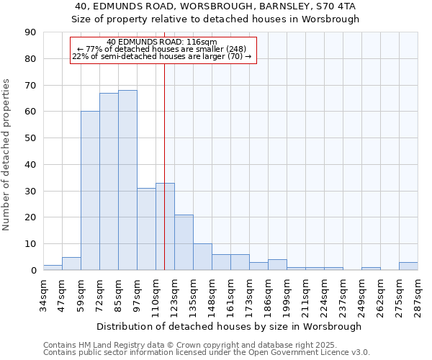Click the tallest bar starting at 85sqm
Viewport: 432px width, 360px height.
127,180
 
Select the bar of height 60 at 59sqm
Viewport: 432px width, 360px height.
90,191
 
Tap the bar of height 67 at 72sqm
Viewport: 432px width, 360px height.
109,181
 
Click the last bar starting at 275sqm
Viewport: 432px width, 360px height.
408,266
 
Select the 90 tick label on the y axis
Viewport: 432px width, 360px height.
31,32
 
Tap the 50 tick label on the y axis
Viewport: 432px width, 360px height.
31,138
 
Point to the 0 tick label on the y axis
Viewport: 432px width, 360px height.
34,271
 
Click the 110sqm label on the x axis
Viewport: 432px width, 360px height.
156,297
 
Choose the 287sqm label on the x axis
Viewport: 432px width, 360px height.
418,297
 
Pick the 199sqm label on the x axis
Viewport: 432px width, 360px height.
287,297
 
